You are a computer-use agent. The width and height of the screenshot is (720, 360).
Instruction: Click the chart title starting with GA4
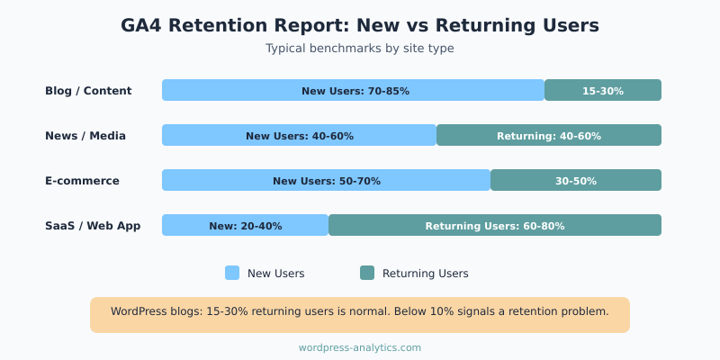tap(360, 25)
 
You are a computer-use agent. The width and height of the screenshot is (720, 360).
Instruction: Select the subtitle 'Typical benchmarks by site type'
tap(360, 49)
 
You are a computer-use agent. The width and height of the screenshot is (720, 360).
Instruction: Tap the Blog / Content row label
tap(88, 91)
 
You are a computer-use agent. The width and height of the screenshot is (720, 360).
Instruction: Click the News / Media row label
tap(85, 136)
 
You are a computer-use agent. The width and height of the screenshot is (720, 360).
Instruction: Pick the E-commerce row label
tap(82, 181)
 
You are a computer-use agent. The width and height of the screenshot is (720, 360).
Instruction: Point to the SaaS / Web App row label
tap(93, 226)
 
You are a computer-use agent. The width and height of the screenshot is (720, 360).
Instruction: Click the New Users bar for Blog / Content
tap(354, 90)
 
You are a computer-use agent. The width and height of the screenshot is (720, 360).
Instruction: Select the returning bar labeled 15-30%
tap(603, 90)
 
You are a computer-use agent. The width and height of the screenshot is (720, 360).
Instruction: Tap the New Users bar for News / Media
tap(299, 135)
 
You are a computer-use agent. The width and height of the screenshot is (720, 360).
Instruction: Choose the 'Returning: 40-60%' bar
tap(549, 135)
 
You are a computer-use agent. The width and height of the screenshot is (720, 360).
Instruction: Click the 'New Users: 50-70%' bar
tap(326, 180)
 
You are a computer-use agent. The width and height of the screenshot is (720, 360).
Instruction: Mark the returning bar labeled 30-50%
tap(576, 180)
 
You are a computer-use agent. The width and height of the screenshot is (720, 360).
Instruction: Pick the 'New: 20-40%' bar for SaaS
tap(245, 225)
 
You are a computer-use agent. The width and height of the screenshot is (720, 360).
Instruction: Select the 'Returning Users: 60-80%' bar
tap(495, 225)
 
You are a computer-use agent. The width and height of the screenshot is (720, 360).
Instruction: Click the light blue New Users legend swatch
tap(232, 273)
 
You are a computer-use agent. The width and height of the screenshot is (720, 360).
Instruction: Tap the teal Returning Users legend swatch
tap(367, 273)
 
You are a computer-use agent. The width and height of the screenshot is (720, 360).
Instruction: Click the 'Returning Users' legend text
tap(425, 274)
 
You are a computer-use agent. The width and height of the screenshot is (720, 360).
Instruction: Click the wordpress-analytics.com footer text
tap(360, 347)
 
